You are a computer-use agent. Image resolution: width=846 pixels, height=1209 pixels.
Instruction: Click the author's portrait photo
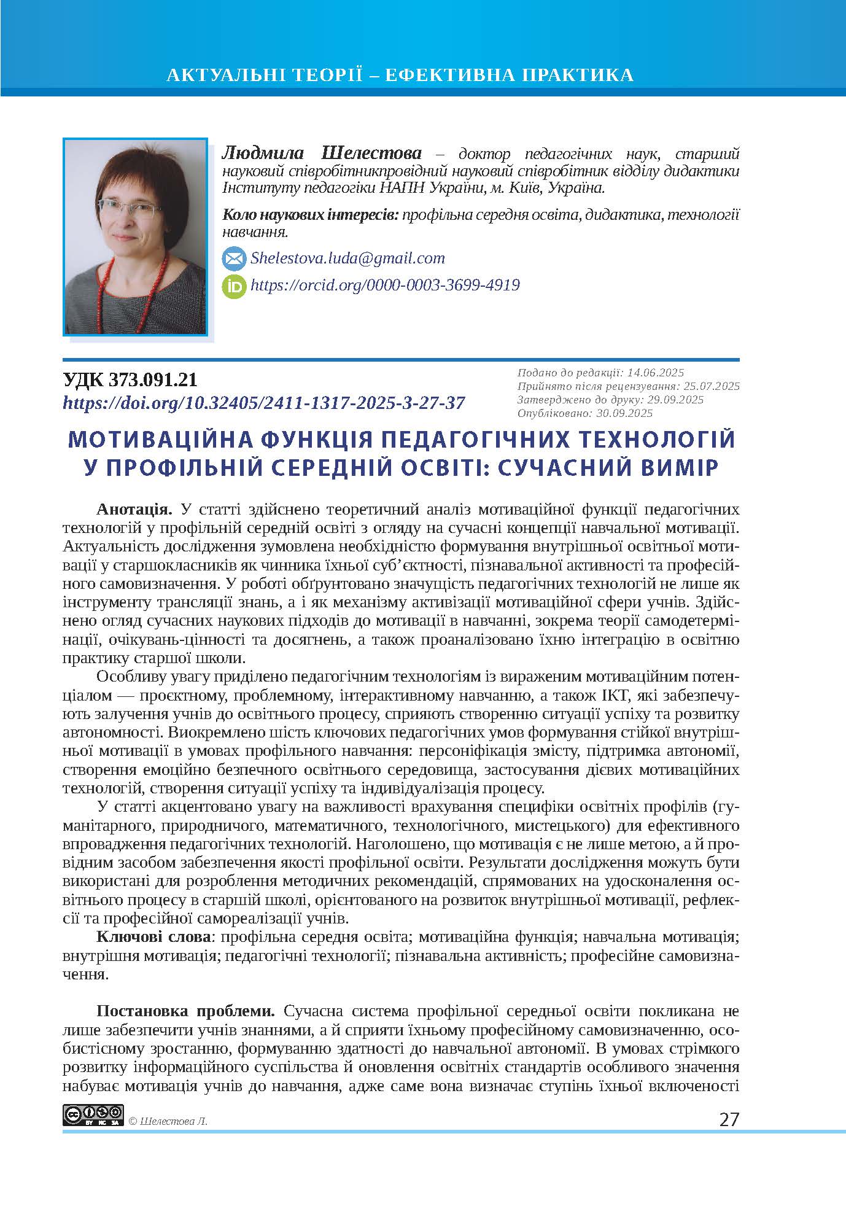point(135,236)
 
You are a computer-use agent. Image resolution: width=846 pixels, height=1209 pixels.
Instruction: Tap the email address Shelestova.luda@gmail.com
point(347,258)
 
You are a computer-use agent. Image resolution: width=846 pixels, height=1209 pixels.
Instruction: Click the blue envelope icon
point(233,259)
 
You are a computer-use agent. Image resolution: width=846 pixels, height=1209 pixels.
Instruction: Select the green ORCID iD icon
point(233,286)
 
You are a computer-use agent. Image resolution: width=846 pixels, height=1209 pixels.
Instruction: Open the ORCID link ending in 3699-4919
point(385,285)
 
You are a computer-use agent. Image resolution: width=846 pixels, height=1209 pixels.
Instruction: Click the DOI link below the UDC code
point(264,403)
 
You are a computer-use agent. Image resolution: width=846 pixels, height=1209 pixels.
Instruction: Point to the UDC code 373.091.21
point(130,380)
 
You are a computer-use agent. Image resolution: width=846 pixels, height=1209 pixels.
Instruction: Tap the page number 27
point(729,1119)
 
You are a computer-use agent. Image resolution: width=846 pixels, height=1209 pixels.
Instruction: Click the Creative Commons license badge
point(93,1115)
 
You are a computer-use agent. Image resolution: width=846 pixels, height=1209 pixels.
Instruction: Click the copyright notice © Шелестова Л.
point(168,1121)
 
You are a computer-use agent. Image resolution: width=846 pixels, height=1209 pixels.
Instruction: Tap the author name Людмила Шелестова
point(322,153)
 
